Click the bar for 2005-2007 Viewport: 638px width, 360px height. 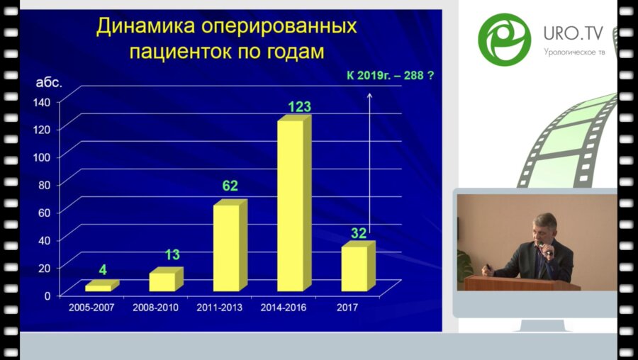(x=99, y=288)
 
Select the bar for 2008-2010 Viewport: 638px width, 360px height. (x=163, y=281)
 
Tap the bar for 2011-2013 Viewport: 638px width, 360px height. (x=227, y=247)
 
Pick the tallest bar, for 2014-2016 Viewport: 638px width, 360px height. (x=291, y=206)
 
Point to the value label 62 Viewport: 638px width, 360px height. (x=230, y=186)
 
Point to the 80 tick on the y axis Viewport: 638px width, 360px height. (x=44, y=184)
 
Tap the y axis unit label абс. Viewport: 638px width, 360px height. (x=50, y=81)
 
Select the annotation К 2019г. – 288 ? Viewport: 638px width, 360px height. (x=391, y=74)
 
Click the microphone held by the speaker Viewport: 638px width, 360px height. (x=542, y=248)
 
